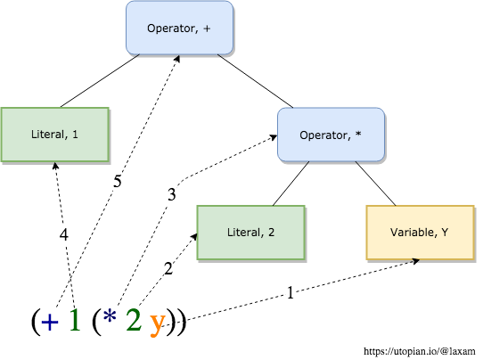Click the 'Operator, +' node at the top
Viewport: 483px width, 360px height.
179,28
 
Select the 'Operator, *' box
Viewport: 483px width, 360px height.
332,135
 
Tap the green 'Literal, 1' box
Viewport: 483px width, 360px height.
54,135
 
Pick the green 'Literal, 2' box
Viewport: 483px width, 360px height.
250,233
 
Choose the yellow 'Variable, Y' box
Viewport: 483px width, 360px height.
420,233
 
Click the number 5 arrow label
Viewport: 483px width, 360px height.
117,181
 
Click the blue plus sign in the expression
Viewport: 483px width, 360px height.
53,322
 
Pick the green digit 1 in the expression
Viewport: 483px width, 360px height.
76,321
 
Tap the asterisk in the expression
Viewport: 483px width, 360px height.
110,319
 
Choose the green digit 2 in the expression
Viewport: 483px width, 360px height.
133,321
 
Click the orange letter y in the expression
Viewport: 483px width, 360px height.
157,323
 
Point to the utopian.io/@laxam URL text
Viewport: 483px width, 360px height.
424,351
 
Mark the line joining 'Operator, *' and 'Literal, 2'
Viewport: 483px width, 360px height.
286,184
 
